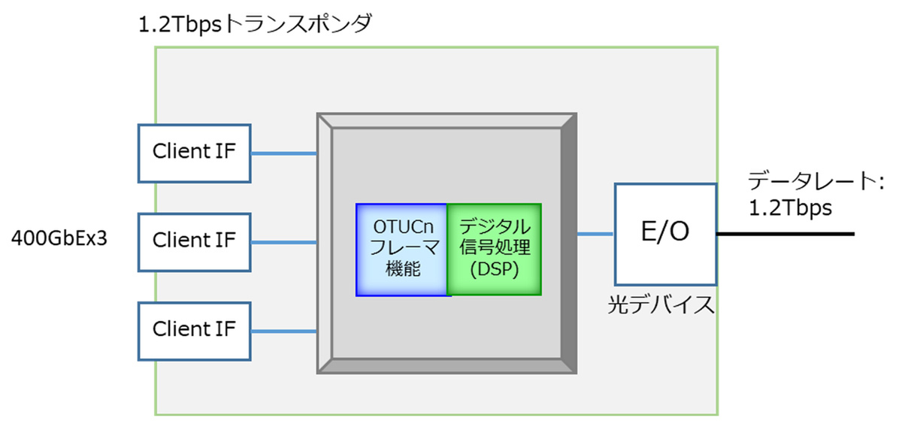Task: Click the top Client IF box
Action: tap(194, 153)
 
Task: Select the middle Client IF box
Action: tap(194, 241)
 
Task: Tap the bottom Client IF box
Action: tap(194, 330)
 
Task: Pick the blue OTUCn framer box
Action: tap(402, 249)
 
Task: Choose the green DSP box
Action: tap(494, 249)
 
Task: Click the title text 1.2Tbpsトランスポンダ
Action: tap(256, 24)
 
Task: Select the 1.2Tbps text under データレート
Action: tap(790, 208)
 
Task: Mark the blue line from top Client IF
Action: tap(283, 153)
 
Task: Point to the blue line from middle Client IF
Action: tap(283, 242)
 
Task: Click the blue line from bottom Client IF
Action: tap(283, 331)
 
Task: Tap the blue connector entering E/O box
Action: tap(596, 235)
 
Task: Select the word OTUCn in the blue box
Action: tap(402, 226)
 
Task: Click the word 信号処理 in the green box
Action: tap(494, 249)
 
